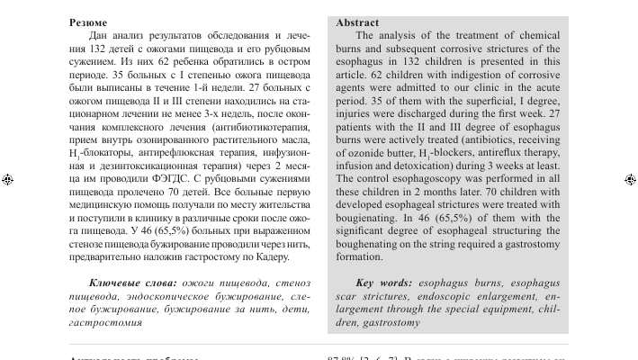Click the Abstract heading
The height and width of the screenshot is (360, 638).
click(x=357, y=22)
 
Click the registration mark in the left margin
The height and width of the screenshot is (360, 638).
click(x=7, y=180)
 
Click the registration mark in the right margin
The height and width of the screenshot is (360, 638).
click(x=630, y=180)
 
